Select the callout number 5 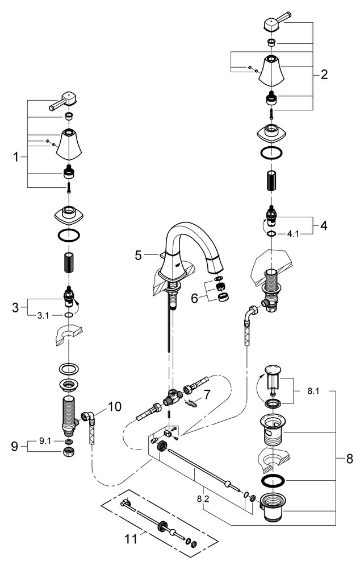coord(138,255)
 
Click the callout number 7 coord(207,394)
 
